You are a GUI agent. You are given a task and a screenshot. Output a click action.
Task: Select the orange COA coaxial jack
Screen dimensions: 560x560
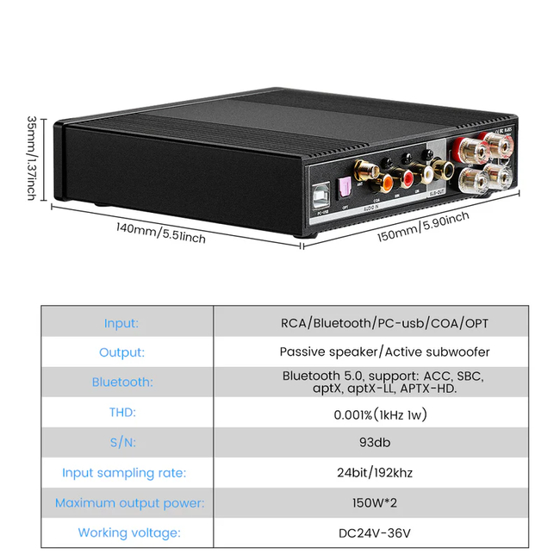(386, 182)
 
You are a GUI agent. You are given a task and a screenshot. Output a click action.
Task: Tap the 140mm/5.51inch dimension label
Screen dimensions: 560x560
(161, 233)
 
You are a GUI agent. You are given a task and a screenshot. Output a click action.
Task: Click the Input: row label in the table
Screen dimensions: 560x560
(121, 323)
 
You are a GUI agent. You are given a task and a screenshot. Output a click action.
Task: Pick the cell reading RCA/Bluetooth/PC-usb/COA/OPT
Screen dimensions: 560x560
(384, 323)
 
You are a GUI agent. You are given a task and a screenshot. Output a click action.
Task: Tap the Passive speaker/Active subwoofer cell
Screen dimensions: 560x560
(384, 352)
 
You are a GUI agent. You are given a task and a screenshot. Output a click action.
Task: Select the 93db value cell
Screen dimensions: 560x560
(384, 442)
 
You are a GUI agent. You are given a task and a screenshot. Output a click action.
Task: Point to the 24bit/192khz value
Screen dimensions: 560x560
(384, 472)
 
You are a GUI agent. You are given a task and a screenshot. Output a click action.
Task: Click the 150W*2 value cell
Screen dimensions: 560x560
(384, 502)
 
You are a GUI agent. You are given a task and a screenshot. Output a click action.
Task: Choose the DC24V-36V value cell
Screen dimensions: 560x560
(384, 532)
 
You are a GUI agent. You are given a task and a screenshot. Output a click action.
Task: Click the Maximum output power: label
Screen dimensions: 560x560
(129, 502)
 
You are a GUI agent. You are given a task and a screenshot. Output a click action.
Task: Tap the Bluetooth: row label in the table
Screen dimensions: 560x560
(121, 382)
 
